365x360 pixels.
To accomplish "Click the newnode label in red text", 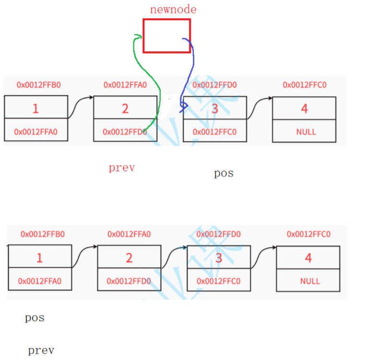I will (x=173, y=9).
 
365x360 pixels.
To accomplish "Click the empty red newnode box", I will (x=166, y=35).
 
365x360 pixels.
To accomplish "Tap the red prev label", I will (x=121, y=168).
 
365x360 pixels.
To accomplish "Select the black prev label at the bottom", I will (x=41, y=350).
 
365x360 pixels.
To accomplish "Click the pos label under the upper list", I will (x=224, y=173).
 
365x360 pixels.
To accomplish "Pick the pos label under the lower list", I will (x=35, y=318).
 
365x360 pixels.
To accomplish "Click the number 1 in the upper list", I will (x=35, y=108).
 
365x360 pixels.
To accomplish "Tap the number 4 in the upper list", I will (x=304, y=108).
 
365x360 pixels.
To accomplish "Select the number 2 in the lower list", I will (x=129, y=258).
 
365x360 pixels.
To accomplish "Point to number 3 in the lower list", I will (x=219, y=258).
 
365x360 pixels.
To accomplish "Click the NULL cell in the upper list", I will (x=304, y=131).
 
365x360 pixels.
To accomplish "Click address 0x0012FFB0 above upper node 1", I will (x=39, y=85).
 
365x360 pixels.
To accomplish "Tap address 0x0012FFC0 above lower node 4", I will (x=309, y=234).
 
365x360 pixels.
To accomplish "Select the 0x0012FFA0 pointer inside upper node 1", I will (x=35, y=131).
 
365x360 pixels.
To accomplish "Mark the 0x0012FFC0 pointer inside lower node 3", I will (x=219, y=281).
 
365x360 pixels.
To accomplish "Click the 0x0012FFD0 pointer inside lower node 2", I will (x=129, y=281).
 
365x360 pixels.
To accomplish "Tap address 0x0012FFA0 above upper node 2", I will (x=125, y=85).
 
